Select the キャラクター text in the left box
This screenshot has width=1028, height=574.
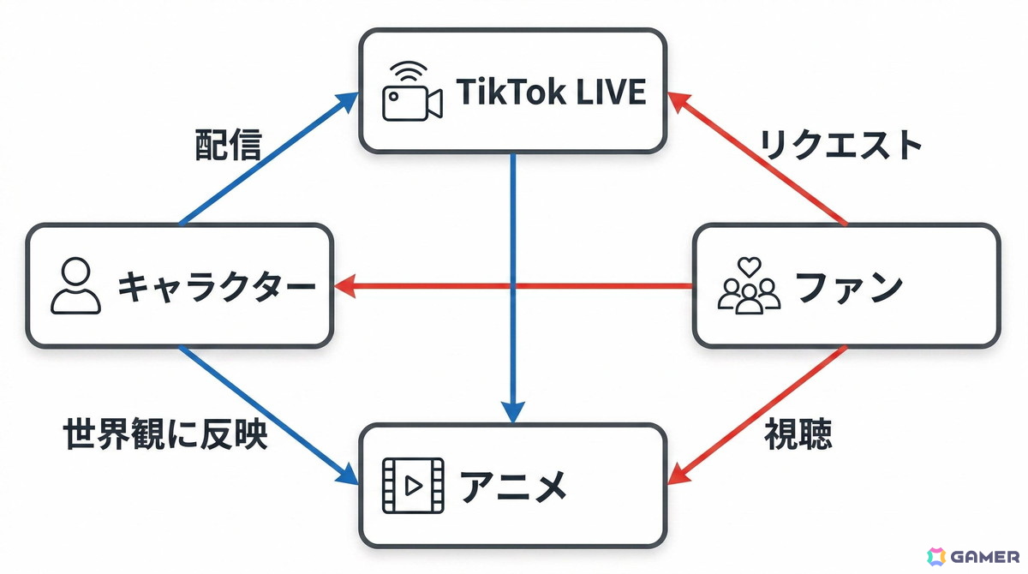(213, 286)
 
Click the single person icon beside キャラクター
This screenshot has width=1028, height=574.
(75, 286)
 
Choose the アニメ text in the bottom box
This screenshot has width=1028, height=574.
(514, 487)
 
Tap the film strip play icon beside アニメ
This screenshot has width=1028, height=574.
(413, 486)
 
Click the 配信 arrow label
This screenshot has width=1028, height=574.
(227, 146)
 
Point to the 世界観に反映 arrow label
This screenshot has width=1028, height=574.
(166, 435)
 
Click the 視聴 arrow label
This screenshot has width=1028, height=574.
(798, 435)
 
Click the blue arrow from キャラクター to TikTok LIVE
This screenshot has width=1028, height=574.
(266, 158)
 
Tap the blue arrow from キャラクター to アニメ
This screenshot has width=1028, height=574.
(266, 414)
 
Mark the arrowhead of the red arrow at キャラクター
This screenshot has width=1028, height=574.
(344, 286)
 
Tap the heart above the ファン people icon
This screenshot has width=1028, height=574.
(750, 266)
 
